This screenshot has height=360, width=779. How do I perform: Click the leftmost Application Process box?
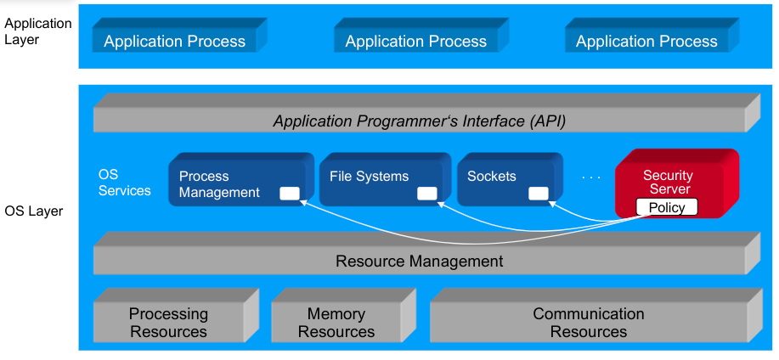coord(174,41)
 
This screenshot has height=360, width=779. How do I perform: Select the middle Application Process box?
coord(415,41)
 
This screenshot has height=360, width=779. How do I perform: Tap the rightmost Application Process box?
coord(646,41)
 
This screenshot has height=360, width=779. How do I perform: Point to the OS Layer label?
coord(34,211)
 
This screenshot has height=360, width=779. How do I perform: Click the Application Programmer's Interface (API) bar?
coord(419,121)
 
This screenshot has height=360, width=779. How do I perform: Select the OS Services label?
coord(124,183)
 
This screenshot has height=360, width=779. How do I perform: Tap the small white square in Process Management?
coord(290,194)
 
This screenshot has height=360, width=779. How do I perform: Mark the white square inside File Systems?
coord(426,194)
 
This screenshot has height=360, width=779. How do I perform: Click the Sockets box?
coord(501,178)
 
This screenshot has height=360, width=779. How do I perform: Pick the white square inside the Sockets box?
coord(538,194)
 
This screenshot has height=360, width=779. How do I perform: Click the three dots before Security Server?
coord(591,177)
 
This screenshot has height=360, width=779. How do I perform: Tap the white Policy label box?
coord(667,207)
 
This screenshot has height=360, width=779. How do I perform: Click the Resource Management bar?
coord(419,261)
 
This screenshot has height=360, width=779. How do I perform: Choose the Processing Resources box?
coord(168,323)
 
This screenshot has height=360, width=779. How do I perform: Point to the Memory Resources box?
coord(336,323)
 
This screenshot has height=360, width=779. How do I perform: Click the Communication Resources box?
coord(588,323)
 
